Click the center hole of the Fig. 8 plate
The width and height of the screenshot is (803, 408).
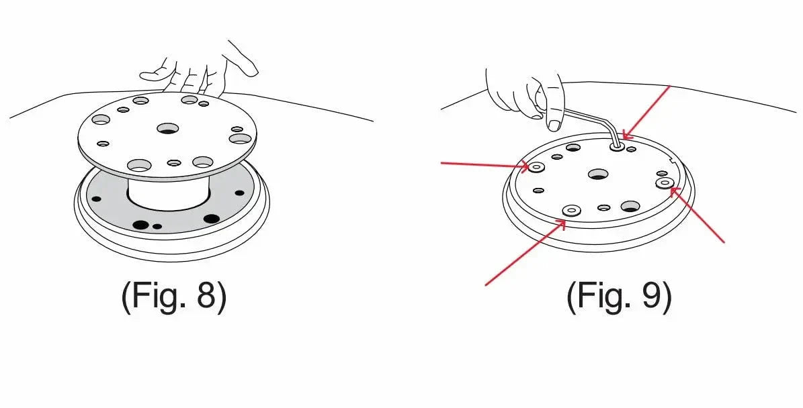point(167,127)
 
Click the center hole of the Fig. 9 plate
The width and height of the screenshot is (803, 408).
point(597,174)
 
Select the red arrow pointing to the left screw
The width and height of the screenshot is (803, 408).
point(484,163)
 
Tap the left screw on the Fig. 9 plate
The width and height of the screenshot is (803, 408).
point(536,167)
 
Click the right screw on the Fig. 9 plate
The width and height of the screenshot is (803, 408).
point(665,183)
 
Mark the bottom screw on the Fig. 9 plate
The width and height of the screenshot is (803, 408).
point(571,210)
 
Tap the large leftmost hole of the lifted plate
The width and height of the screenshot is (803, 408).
point(100,119)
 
